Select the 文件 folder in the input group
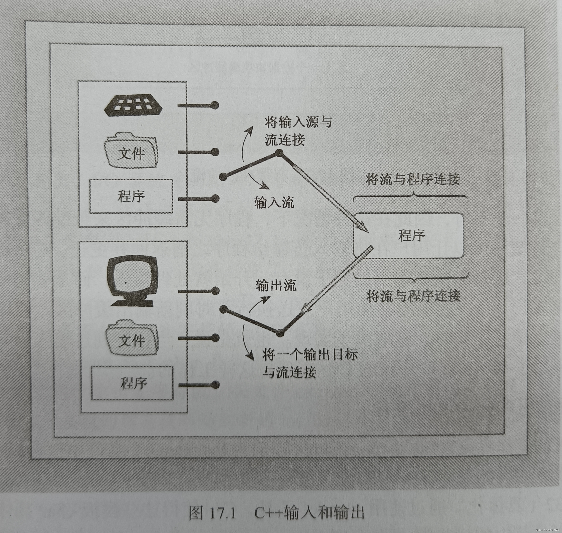click(131, 152)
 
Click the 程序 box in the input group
click(131, 196)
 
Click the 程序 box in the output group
click(132, 383)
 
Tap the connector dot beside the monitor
click(215, 291)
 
